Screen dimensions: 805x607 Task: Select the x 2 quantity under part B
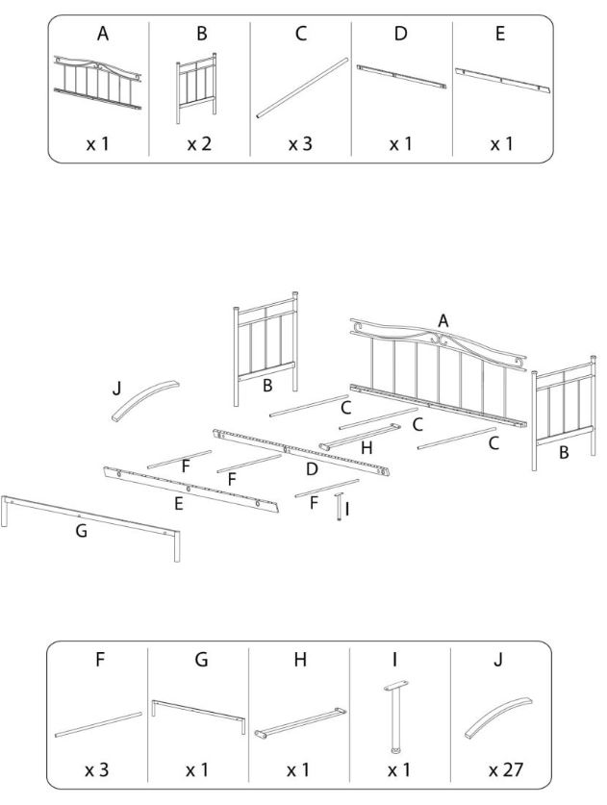tap(200, 143)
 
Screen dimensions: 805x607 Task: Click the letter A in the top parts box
tap(102, 34)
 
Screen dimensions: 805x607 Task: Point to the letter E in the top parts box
tap(499, 34)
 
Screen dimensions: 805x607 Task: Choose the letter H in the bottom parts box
tap(301, 661)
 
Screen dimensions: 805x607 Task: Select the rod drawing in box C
tap(301, 88)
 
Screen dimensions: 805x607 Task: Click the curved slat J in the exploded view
tap(141, 400)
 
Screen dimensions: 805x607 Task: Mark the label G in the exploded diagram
tap(81, 530)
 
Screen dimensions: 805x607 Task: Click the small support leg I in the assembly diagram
tap(339, 506)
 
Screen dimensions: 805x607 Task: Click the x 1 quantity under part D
tap(399, 143)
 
